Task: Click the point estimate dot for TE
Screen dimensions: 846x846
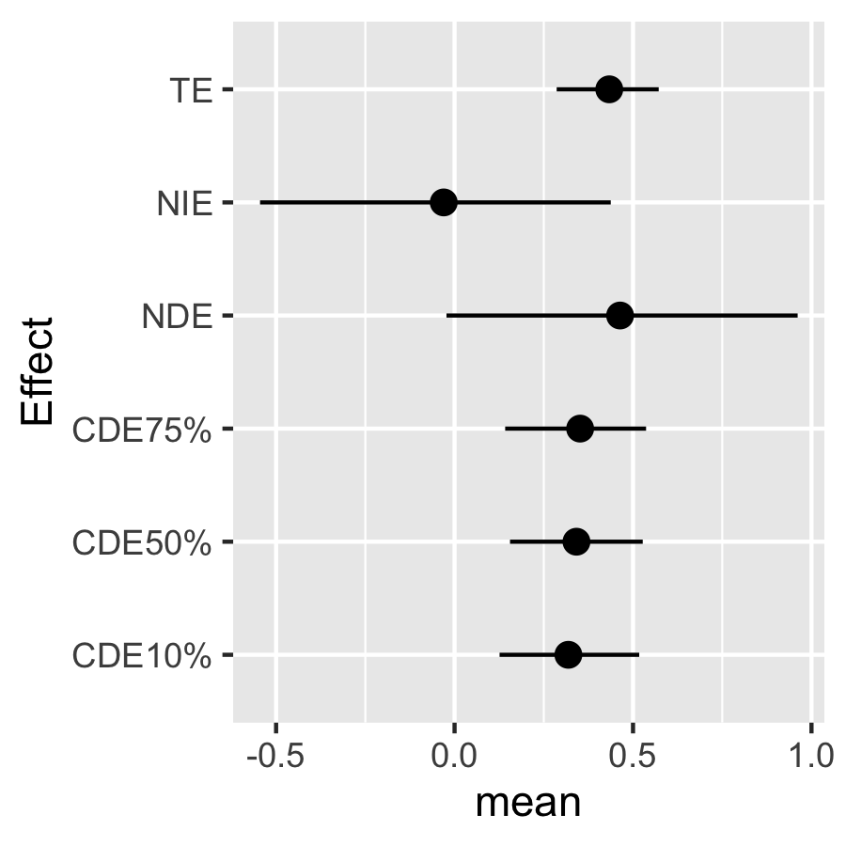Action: point(609,89)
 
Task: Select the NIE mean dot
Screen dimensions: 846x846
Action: point(444,202)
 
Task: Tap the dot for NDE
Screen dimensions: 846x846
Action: point(620,316)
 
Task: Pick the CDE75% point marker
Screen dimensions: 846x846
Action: point(580,429)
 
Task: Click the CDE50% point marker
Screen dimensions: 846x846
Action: point(576,541)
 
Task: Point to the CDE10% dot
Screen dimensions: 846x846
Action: point(568,655)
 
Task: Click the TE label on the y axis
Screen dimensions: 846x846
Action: point(191,90)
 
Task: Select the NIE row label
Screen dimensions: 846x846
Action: point(184,204)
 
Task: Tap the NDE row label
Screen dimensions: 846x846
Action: point(177,317)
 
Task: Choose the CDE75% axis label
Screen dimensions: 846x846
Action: point(142,431)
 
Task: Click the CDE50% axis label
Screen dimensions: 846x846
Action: point(142,543)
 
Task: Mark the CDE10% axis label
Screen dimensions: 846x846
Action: point(142,657)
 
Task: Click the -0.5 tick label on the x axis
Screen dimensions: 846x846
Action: point(275,756)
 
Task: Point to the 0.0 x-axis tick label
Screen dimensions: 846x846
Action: point(454,756)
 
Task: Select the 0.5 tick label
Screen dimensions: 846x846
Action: point(633,756)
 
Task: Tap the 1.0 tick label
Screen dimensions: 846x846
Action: point(811,756)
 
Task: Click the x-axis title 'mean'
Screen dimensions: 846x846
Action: point(528,804)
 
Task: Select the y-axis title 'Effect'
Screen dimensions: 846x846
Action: point(38,371)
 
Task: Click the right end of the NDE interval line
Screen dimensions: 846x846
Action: point(797,316)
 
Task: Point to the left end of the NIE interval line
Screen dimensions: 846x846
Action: point(260,202)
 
